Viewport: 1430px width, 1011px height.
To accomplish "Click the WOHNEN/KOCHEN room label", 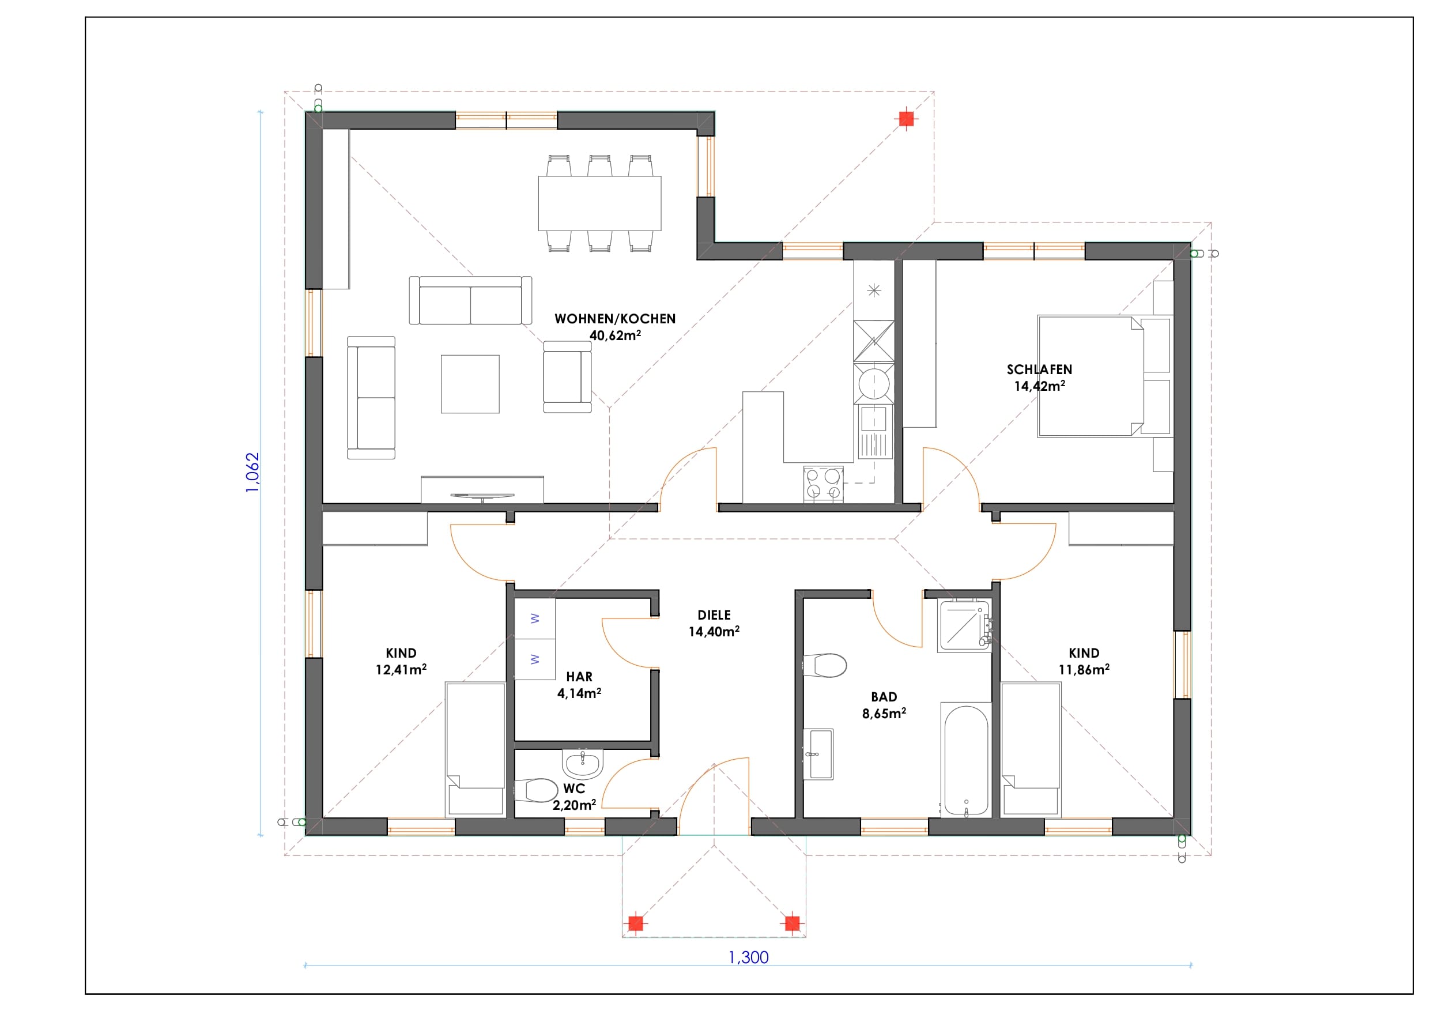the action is [615, 319].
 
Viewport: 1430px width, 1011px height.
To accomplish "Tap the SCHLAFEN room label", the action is [1039, 369].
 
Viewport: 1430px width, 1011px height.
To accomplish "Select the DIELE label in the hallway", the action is [714, 616].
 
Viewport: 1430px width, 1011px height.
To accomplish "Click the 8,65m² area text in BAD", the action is [884, 713].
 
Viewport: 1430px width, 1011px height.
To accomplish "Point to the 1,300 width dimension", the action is [749, 957].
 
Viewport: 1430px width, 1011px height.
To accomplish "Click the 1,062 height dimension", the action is [252, 473].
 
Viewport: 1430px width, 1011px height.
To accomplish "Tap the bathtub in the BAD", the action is [966, 760].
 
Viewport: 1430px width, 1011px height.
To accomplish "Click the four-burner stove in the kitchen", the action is [824, 484].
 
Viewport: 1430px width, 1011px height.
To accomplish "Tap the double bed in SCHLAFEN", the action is [1104, 376].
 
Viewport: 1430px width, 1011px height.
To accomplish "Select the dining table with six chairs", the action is [600, 203].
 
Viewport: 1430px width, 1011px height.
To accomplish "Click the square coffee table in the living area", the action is [470, 384].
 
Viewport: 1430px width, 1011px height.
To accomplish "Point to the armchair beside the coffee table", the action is [567, 376].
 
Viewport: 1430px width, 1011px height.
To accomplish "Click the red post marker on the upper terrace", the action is [906, 118].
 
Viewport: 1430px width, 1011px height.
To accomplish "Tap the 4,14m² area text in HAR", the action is [579, 693].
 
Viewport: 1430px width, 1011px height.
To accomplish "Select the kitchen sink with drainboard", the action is [874, 432].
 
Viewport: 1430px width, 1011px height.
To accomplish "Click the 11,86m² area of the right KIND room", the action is [1084, 669].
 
